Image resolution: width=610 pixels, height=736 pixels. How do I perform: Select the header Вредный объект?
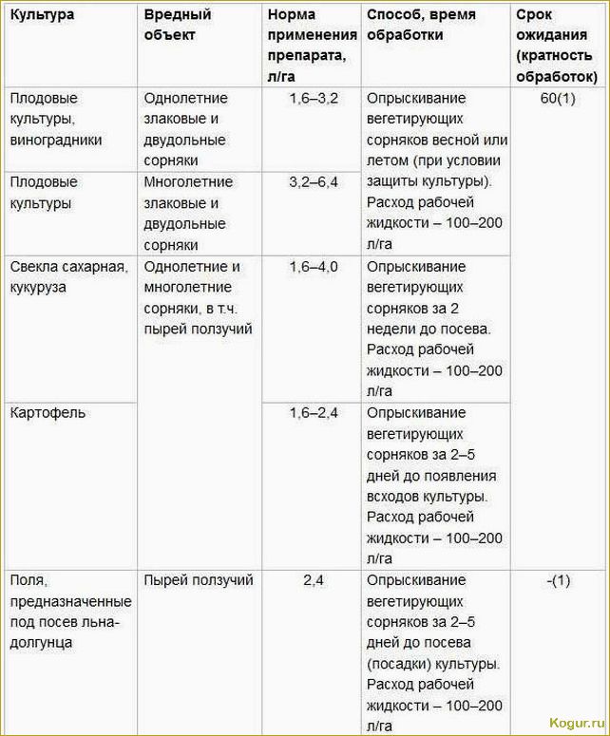[178, 26]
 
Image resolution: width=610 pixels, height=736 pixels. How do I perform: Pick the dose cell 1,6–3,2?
[314, 99]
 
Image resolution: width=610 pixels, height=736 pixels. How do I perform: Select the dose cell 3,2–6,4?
[314, 182]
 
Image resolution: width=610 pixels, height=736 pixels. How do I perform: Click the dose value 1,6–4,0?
[314, 267]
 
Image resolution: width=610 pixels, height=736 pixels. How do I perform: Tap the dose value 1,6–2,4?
[314, 413]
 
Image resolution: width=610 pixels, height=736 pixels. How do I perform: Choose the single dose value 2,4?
[314, 580]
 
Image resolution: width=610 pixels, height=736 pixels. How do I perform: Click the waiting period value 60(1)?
[559, 99]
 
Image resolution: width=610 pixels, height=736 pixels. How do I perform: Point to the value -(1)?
[559, 580]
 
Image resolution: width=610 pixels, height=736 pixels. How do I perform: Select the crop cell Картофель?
[48, 413]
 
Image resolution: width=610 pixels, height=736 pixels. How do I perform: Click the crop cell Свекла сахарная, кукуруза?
[67, 276]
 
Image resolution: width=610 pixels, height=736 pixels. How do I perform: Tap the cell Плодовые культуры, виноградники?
[56, 120]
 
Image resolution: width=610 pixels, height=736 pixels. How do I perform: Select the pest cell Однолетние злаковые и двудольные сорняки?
[186, 130]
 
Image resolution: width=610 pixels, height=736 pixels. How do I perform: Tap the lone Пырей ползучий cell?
[199, 580]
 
